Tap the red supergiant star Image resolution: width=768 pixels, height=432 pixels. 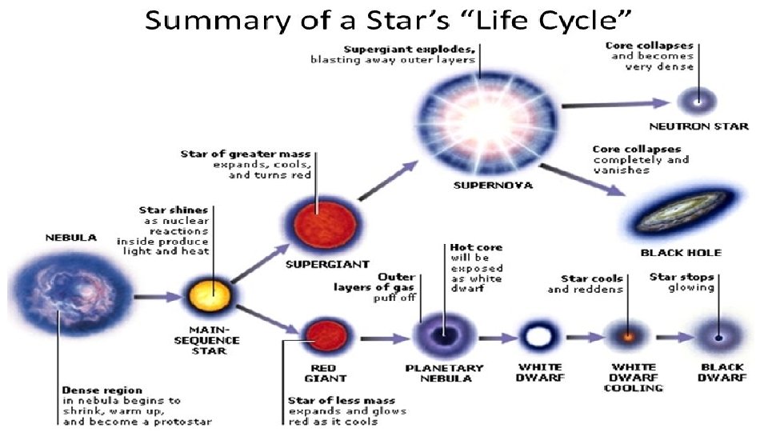317,218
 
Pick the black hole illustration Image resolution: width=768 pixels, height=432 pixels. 682,210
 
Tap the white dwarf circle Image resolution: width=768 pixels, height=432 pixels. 537,337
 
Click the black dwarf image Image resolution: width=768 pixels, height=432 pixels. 718,337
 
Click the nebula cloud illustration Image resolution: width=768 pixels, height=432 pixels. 62,295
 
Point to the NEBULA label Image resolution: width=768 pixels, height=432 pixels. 70,238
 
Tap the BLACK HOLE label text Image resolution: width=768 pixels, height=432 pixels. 681,253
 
